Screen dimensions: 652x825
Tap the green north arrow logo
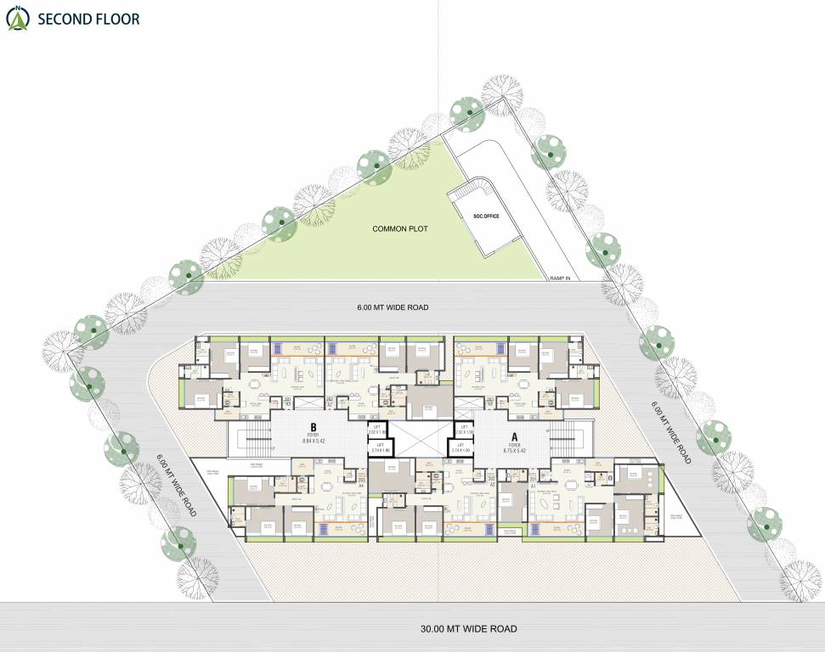(16, 19)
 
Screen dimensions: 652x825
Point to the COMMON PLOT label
(399, 229)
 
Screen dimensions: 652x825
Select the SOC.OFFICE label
(486, 216)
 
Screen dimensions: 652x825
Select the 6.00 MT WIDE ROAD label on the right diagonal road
(670, 430)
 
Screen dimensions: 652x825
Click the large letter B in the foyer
(314, 427)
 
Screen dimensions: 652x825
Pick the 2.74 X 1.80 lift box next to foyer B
(378, 447)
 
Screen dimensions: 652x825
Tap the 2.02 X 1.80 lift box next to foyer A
(463, 431)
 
